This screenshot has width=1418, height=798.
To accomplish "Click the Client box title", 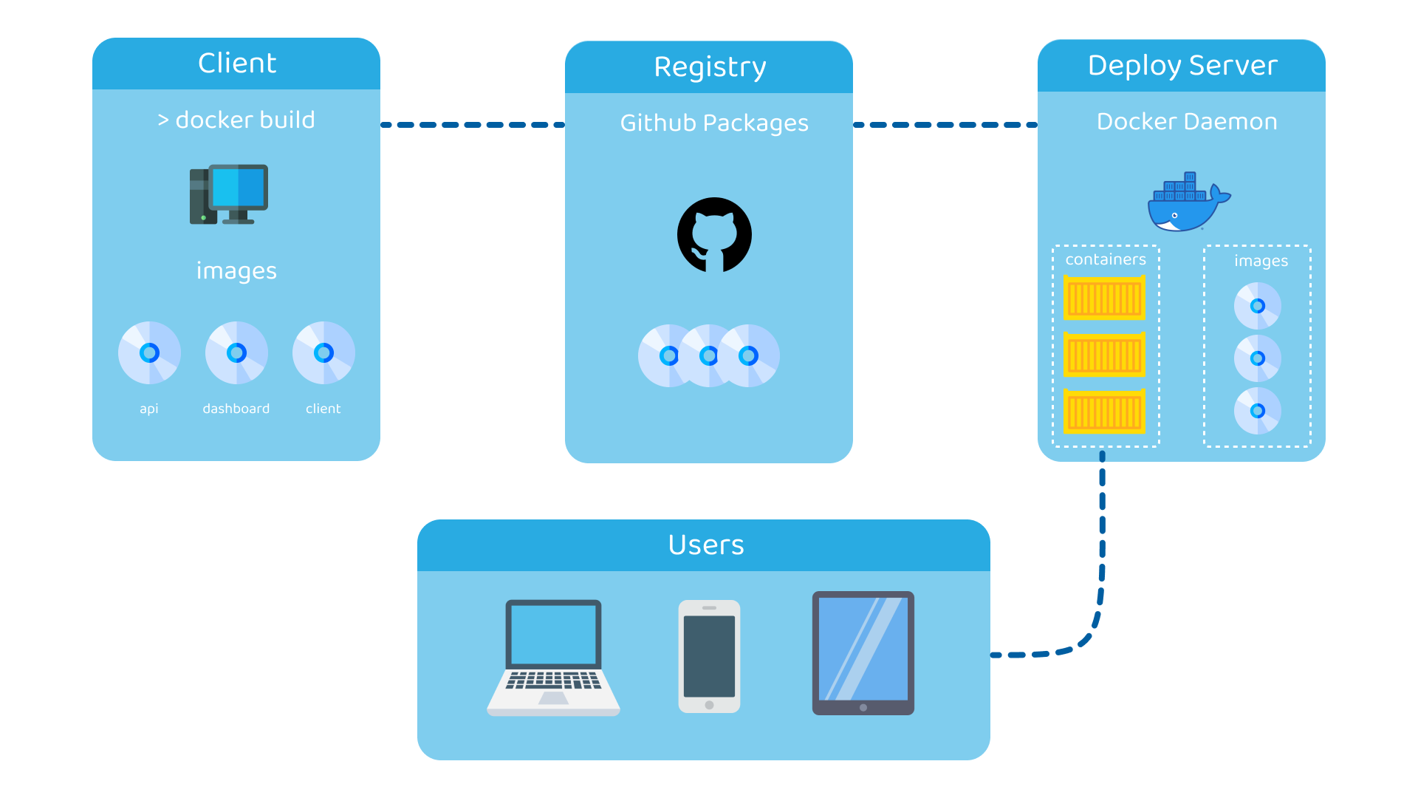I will (237, 64).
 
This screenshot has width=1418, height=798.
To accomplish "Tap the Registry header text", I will (710, 67).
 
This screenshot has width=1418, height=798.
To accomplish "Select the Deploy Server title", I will (1182, 66).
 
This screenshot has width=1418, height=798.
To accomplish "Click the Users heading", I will (705, 545).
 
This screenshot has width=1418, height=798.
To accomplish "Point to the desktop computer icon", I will (229, 194).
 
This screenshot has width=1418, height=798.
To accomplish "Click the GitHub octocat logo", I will (714, 235).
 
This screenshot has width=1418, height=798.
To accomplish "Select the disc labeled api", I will (149, 353).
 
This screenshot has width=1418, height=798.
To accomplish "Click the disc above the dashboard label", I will (236, 353).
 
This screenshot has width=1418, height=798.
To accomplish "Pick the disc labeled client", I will (323, 353).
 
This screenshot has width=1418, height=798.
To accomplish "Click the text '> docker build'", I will (236, 120).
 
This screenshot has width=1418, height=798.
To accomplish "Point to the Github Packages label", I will (714, 123).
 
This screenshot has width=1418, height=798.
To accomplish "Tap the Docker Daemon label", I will (1187, 121).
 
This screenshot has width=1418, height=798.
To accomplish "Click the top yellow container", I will (1104, 298).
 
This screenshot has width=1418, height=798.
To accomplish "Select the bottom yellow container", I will (1104, 412).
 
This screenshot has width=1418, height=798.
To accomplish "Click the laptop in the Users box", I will (553, 658).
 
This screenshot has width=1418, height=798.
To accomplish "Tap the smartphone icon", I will (709, 656).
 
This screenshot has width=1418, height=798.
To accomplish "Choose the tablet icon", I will (863, 653).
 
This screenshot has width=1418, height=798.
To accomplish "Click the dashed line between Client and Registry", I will (473, 125).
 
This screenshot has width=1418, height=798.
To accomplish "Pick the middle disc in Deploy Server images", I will (1258, 358).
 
